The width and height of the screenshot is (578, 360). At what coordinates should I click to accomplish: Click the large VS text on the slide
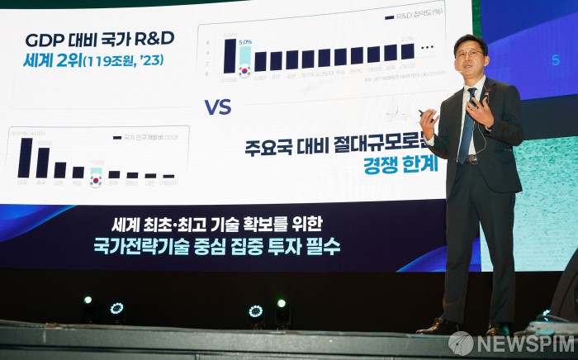coord(218,107)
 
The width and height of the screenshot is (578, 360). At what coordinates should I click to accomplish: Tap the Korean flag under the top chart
coord(244,71)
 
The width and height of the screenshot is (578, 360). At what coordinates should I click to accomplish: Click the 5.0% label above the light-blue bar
coord(244,41)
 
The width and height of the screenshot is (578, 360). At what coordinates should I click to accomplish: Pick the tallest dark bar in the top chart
coord(230,55)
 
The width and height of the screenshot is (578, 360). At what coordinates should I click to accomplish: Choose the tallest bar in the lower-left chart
coord(25,158)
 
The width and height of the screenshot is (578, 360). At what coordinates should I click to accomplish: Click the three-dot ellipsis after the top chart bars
coord(426,48)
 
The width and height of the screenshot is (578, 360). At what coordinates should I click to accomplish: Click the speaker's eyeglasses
coord(469,54)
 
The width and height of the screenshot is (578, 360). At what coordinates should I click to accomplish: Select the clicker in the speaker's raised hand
coord(423,112)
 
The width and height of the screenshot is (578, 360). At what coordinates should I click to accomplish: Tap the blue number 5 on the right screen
coord(555,60)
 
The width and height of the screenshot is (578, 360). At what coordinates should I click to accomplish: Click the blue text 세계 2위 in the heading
coord(50,59)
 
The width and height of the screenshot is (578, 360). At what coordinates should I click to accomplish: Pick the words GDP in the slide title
coord(43,40)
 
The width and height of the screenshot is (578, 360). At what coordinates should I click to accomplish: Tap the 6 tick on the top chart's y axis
coord(208,43)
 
